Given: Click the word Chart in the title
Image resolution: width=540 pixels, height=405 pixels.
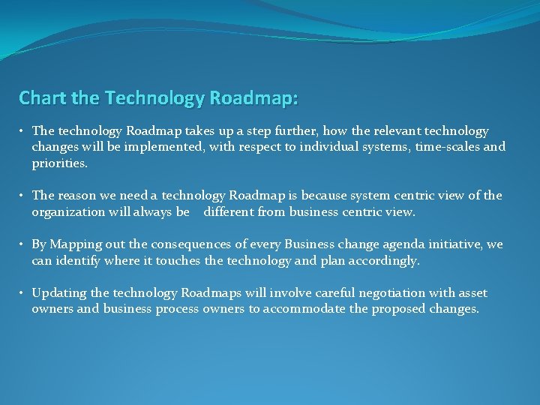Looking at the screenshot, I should (x=39, y=98).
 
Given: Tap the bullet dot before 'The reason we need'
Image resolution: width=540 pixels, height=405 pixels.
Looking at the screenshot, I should (x=23, y=196).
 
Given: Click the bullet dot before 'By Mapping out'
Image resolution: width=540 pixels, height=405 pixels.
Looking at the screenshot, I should (x=23, y=244).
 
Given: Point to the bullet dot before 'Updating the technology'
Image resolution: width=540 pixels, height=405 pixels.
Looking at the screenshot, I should (x=23, y=293).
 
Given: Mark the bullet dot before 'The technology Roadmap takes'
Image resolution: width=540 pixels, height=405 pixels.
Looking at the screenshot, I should (x=23, y=131).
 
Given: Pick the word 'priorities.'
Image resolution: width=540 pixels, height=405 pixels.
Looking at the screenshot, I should (x=60, y=163).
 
